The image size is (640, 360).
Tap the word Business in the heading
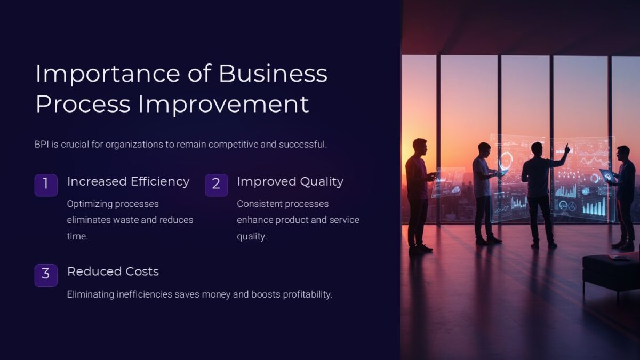[x=273, y=74]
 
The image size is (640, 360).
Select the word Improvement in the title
[x=223, y=103]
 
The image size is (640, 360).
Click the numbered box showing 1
[x=46, y=185]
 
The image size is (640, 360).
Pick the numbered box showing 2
[x=216, y=185]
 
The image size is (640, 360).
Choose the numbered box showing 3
[x=46, y=275]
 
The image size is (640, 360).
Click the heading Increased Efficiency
[x=128, y=181]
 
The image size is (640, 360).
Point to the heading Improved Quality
[x=290, y=181]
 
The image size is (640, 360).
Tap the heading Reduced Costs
[x=113, y=271]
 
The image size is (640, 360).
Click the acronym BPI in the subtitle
[x=42, y=144]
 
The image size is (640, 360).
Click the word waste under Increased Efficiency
[x=130, y=220]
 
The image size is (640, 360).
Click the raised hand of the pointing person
[x=567, y=147]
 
